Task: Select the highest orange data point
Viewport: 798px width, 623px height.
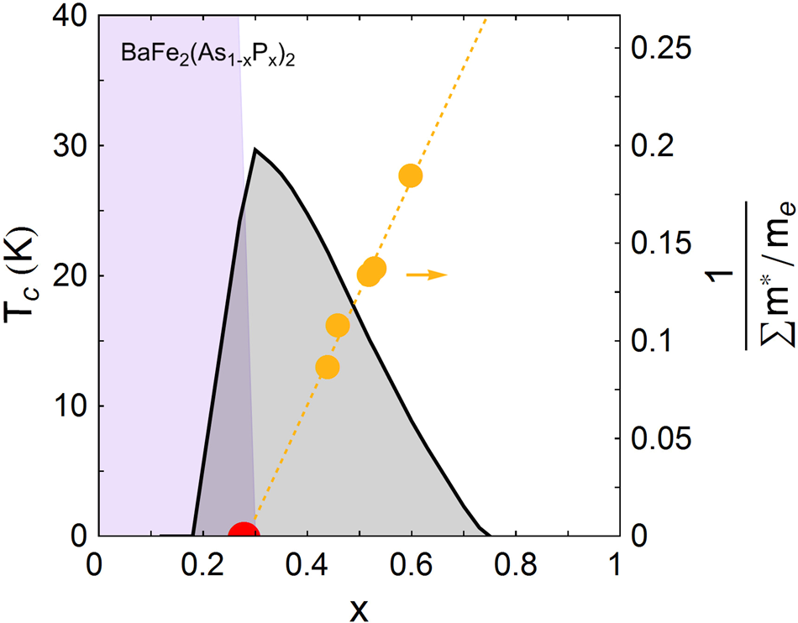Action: (x=410, y=175)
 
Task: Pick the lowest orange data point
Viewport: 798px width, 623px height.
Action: (x=328, y=367)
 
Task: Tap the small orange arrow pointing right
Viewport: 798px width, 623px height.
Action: (x=427, y=275)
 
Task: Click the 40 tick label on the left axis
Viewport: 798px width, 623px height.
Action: (x=65, y=16)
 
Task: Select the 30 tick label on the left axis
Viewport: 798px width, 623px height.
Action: (x=65, y=146)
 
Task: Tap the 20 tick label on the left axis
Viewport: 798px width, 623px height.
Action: (x=65, y=276)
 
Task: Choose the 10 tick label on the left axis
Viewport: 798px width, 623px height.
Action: (x=65, y=406)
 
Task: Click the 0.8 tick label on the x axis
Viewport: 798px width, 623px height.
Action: (x=514, y=564)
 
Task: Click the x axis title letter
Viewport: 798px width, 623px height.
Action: (x=359, y=609)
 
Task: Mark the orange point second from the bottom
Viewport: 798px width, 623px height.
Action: (x=338, y=326)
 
